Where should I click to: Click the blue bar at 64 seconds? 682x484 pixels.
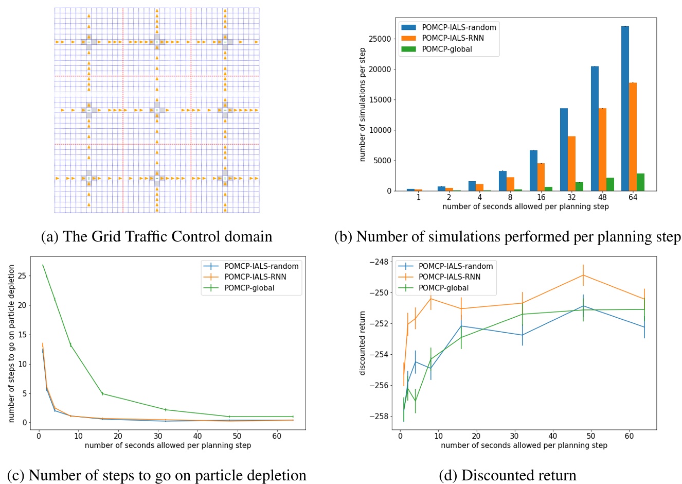coord(625,109)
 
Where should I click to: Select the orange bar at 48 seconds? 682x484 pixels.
coord(602,149)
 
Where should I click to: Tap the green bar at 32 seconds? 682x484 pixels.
coord(579,186)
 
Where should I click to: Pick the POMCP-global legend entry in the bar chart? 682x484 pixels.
coord(446,49)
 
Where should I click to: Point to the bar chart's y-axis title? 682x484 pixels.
coord(363,105)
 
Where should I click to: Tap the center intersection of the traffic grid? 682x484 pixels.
coord(157,110)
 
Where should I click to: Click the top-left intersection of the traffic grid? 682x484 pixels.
coord(88,42)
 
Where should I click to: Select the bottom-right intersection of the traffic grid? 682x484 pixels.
coord(225,178)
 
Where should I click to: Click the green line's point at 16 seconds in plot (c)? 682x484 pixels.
coord(102,394)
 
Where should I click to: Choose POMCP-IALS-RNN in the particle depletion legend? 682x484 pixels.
coord(255,277)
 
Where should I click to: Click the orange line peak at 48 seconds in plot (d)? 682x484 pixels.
coord(583,275)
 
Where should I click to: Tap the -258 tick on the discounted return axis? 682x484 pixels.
coord(382,416)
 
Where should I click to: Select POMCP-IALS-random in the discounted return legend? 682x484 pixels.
coord(455,266)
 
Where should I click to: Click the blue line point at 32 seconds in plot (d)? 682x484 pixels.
coord(522,335)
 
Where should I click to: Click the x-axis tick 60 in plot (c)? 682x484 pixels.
coord(277,436)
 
